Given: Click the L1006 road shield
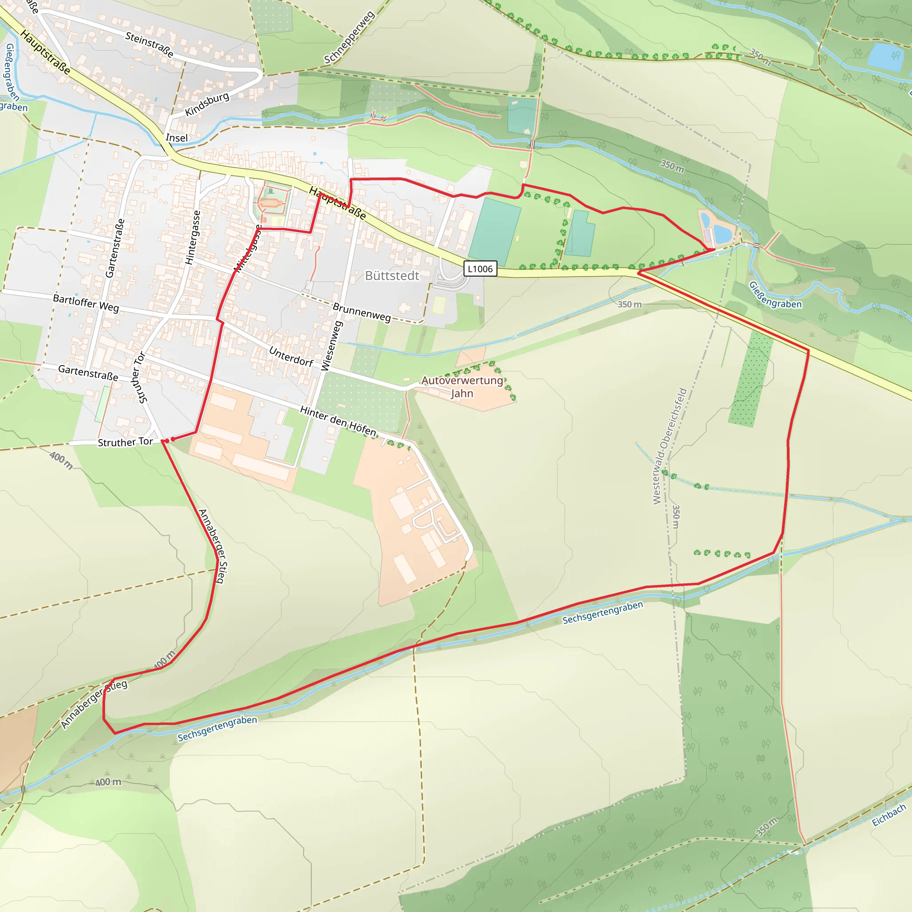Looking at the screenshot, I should [x=480, y=269].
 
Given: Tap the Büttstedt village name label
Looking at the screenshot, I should [x=392, y=276].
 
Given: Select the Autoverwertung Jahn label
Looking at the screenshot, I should [x=462, y=387].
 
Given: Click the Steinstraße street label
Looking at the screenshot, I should [x=149, y=45].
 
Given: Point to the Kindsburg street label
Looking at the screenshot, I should [x=207, y=104].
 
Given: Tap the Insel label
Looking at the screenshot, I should [x=176, y=138].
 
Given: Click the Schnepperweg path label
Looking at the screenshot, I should [x=349, y=37].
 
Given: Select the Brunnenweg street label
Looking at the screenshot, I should [x=362, y=313].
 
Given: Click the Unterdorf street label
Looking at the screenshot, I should [x=291, y=356].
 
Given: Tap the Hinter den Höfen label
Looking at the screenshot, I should [x=338, y=421].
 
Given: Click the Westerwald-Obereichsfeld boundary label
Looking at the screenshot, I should [x=669, y=446].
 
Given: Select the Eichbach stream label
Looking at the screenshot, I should [x=888, y=815].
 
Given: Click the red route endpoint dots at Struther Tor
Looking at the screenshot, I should [x=167, y=440].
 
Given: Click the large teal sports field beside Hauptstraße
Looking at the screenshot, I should [x=494, y=232].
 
